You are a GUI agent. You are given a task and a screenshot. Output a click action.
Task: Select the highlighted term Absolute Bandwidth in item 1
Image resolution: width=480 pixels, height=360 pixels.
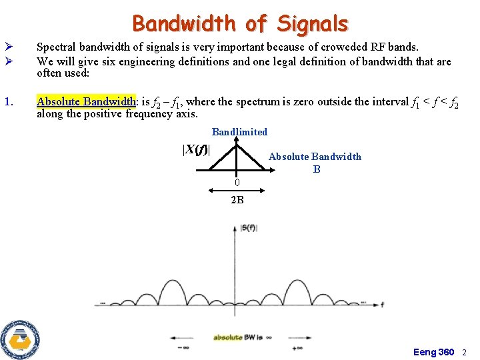coord(86,102)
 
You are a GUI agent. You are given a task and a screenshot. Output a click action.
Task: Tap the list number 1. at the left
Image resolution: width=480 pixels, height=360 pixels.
coord(9,102)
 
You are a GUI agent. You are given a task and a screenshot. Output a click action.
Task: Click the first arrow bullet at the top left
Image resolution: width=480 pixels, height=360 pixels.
coord(8,47)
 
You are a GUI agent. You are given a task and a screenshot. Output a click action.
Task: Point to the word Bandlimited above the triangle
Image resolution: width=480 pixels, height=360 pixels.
coord(239,132)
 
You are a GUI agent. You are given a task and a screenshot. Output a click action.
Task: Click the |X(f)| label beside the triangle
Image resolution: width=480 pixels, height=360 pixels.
coord(196,149)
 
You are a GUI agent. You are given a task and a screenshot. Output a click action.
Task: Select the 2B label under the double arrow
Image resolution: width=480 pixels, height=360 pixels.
coord(237,200)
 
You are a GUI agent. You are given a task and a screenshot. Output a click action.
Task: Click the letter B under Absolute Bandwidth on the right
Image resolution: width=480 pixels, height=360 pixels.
coord(317,169)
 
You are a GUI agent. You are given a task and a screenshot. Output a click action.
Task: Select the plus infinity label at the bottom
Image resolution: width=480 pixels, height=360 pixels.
coord(291,347)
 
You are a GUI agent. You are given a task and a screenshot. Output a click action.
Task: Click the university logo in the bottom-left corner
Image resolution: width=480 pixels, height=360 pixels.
coord(20,339)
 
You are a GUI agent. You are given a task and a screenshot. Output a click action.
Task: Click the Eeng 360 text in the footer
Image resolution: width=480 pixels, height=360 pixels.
coord(433,351)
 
